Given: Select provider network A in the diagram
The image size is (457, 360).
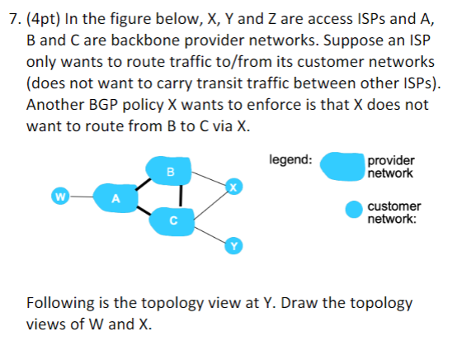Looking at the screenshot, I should point(117,197).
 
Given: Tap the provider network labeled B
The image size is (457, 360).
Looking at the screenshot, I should point(170,171).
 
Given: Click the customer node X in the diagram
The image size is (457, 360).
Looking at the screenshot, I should point(233,187).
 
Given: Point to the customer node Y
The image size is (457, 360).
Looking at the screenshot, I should point(233,245).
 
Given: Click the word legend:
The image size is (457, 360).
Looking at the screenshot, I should point(290,159).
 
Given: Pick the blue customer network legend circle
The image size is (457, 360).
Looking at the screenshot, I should point(354,211).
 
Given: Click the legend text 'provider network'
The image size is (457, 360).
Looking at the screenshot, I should point(392,167).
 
